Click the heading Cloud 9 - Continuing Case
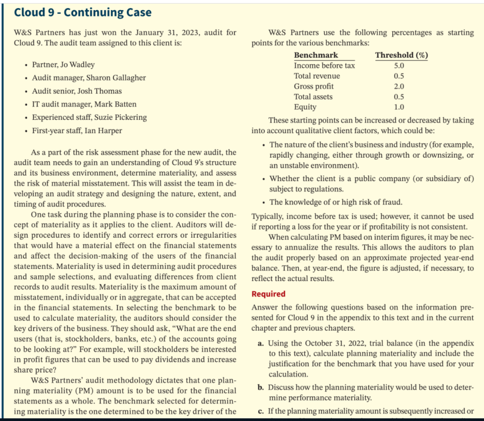[x=83, y=12]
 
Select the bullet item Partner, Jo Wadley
[x=63, y=65]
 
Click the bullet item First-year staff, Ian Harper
[x=77, y=131]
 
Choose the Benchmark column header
[x=316, y=55]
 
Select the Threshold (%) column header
[x=401, y=55]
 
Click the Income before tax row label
[x=324, y=66]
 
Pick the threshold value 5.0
[x=399, y=66]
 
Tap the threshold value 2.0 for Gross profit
[x=399, y=86]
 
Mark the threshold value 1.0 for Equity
[x=399, y=107]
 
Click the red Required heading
[x=268, y=294]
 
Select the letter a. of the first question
[x=262, y=344]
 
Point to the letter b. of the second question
[x=262, y=387]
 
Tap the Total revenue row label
[x=317, y=76]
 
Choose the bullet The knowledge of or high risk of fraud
[x=336, y=202]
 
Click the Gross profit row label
[x=314, y=86]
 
